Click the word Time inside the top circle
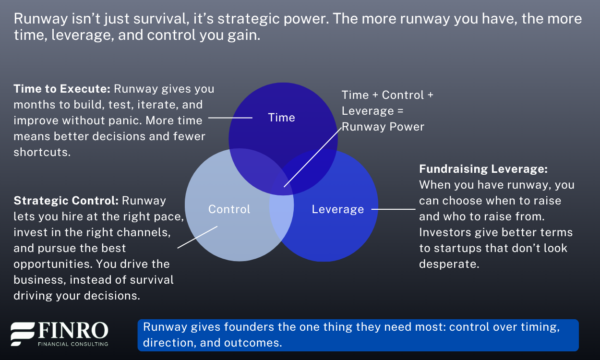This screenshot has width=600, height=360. point(281,118)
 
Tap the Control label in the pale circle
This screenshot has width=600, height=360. point(229,209)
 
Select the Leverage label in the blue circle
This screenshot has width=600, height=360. point(338,209)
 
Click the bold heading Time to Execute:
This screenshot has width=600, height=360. point(62,89)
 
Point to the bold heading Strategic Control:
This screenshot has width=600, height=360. point(66,200)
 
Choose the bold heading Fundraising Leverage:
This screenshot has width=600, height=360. point(483,169)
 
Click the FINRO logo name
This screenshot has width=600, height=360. point(73,331)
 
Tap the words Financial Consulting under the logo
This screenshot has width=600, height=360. point(73,344)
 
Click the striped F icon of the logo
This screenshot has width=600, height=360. point(23,334)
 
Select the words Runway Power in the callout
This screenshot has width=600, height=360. point(383,127)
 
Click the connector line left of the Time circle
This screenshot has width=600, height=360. point(230,118)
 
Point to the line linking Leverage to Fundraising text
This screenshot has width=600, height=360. point(393,209)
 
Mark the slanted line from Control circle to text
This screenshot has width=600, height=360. point(197,237)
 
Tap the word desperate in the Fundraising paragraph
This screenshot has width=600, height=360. point(448,264)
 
